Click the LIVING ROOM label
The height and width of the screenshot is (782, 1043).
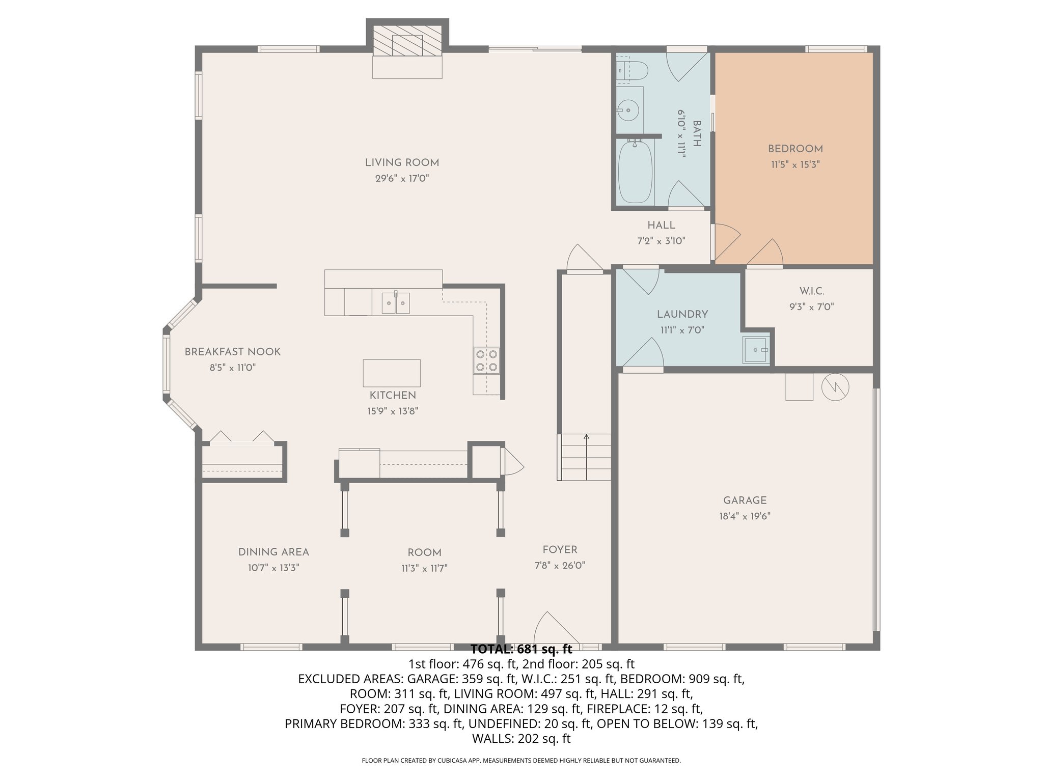pos(402,163)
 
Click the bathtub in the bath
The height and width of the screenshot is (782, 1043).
pos(635,172)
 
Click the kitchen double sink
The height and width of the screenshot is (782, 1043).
pos(396,303)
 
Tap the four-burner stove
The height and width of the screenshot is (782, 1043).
pos(486,360)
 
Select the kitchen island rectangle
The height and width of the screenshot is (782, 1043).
pos(392,373)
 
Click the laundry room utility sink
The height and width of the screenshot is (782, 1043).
pos(756,350)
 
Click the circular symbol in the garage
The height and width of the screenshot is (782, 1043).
pos(835,387)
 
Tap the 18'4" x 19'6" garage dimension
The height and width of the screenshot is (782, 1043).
pos(745,516)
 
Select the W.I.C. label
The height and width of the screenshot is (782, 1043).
pos(812,291)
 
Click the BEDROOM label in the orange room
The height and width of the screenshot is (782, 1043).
pos(795,149)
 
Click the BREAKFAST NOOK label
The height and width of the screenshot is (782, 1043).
pos(232,352)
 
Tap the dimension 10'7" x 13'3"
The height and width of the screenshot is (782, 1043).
pos(273,568)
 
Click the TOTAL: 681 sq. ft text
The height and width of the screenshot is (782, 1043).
pos(521,649)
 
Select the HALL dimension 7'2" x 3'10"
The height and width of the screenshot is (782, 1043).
pos(661,241)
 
